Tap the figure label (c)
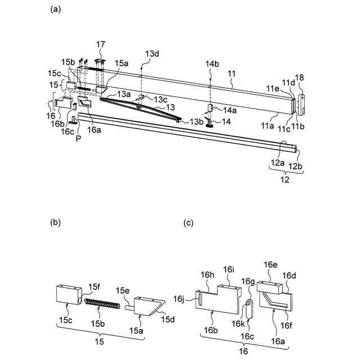[189, 223]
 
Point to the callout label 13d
[152, 53]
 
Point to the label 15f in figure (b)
[93, 287]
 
